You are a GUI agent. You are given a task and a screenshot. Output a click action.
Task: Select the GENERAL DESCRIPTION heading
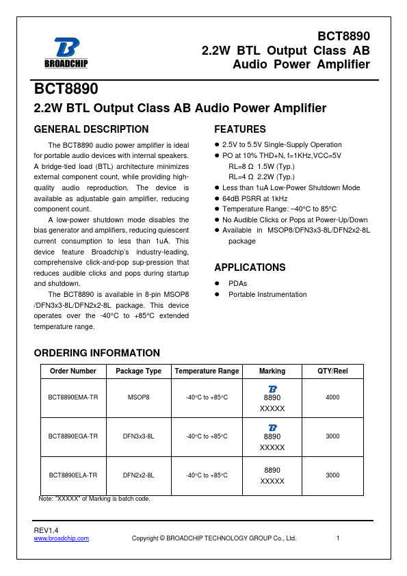click(91, 129)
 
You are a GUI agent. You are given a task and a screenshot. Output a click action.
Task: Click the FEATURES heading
click(240, 129)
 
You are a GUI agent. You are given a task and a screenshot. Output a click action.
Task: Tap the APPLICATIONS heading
click(250, 267)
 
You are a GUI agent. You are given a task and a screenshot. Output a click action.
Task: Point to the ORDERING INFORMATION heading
click(96, 353)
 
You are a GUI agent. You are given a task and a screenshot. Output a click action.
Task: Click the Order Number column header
click(73, 371)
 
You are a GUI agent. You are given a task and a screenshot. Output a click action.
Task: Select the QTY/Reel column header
click(332, 371)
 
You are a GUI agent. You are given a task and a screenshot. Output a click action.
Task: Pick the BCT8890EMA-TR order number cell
click(73, 397)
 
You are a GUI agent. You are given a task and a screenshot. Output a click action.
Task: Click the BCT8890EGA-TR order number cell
click(73, 436)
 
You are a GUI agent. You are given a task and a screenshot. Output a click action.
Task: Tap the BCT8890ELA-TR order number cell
click(73, 475)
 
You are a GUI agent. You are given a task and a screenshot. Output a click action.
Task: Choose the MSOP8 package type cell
click(139, 397)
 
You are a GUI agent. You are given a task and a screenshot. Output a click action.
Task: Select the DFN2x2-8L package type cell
click(139, 475)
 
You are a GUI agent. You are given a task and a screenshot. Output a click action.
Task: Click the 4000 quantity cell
click(332, 397)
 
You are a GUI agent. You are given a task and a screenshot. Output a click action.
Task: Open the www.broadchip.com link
click(62, 538)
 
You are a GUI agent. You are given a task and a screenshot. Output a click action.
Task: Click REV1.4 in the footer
click(47, 530)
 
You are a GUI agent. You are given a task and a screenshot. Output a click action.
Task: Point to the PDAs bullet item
click(238, 283)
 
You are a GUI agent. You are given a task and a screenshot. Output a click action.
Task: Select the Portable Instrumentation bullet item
click(267, 294)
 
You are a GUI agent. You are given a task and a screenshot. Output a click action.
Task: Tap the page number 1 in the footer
click(338, 538)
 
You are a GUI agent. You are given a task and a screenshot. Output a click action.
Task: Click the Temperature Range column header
click(207, 371)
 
